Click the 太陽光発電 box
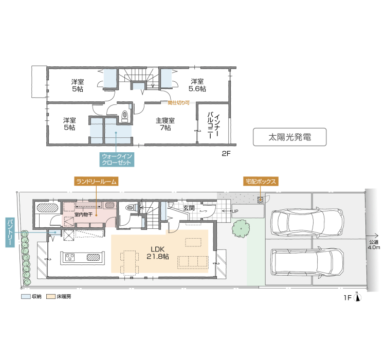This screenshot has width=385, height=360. pyautogui.click(x=289, y=137)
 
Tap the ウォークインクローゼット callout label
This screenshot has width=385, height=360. pyautogui.click(x=117, y=159)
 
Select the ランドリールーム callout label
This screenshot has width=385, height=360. pyautogui.click(x=96, y=182)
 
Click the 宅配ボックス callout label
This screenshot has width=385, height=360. pyautogui.click(x=261, y=182)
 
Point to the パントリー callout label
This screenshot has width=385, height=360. pyautogui.click(x=10, y=232)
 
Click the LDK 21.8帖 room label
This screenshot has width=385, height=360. pyautogui.click(x=157, y=253)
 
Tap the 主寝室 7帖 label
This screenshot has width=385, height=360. pyautogui.click(x=165, y=124)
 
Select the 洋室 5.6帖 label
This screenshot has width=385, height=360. pyautogui.click(x=197, y=85)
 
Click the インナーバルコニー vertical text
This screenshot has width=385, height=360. pyautogui.click(x=213, y=125)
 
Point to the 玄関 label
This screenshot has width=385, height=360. pyautogui.click(x=189, y=208)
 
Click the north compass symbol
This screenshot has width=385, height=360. pyautogui.click(x=357, y=297)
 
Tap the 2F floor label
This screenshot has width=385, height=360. pyautogui.click(x=226, y=154)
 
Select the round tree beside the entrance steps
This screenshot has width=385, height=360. pyautogui.click(x=241, y=229)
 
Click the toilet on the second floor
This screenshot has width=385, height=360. pyautogui.click(x=125, y=116)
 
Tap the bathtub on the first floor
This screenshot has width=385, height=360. pyautogui.click(x=47, y=208)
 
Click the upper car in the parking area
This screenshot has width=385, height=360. pyautogui.click(x=307, y=222)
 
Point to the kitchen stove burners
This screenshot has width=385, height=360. pyautogui.click(x=70, y=257)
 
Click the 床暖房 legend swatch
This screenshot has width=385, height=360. pyautogui.click(x=51, y=297)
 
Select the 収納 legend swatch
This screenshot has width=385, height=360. pyautogui.click(x=26, y=297)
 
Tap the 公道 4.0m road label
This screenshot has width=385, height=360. pyautogui.click(x=374, y=245)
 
